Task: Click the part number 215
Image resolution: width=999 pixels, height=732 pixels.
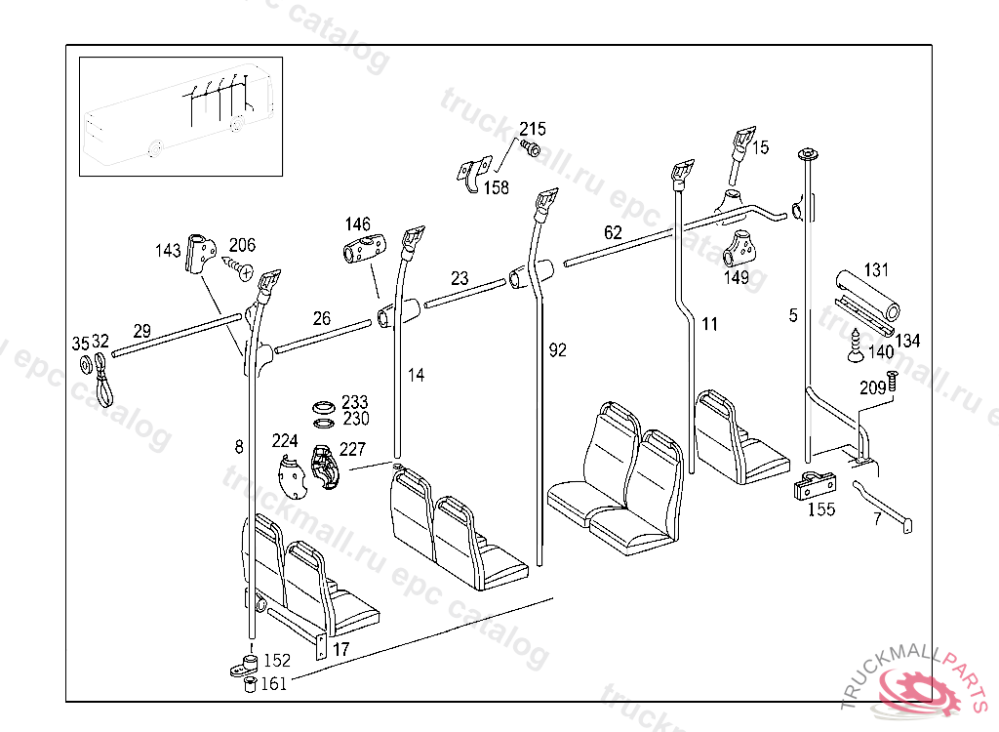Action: [532, 129]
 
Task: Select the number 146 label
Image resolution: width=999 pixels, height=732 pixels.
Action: [357, 224]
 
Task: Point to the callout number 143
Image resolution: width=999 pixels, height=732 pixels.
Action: [168, 251]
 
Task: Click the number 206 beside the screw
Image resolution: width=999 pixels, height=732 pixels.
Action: [242, 244]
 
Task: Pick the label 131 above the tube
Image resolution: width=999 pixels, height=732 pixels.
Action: [876, 269]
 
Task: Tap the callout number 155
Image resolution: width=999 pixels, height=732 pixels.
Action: [821, 509]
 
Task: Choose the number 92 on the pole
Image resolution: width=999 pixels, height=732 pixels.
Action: [557, 349]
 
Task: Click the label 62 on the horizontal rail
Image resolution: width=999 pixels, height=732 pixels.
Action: [613, 232]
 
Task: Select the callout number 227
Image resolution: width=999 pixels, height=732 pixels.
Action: [352, 450]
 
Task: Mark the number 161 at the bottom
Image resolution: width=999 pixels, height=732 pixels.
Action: [273, 684]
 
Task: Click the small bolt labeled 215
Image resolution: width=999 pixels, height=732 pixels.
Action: [532, 148]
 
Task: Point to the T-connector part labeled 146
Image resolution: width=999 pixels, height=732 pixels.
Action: [364, 250]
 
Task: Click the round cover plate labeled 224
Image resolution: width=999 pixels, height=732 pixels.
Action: [290, 476]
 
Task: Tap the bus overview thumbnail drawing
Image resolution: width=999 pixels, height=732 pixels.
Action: [180, 115]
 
